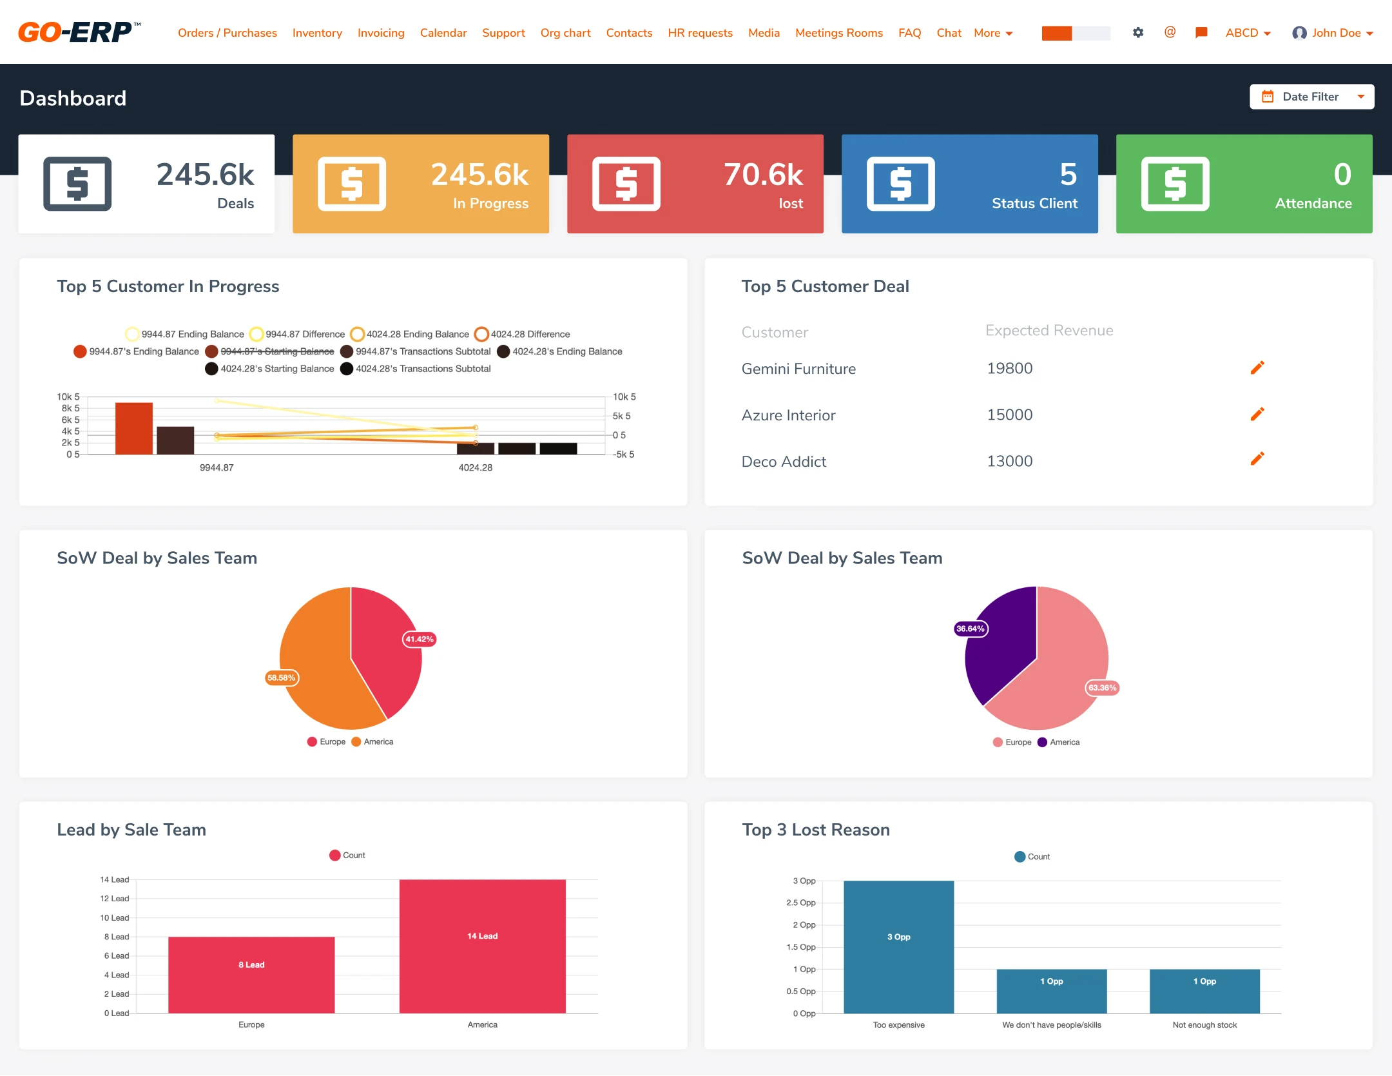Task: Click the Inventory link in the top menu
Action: (x=317, y=33)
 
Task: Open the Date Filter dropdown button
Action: (x=1311, y=97)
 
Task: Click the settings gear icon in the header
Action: (x=1138, y=32)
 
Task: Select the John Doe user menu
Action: (x=1333, y=33)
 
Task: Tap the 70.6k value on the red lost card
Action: (x=763, y=175)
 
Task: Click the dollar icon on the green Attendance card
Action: (x=1175, y=184)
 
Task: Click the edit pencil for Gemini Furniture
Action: (x=1257, y=368)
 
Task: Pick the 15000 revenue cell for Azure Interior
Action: (x=1009, y=415)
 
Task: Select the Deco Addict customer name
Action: (x=784, y=462)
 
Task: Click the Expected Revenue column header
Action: (x=1049, y=331)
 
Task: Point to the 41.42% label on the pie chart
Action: (x=419, y=639)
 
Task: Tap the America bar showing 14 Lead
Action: (x=482, y=946)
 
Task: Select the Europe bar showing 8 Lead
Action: (x=251, y=974)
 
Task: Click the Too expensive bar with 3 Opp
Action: (x=898, y=946)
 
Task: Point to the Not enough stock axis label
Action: (x=1204, y=1025)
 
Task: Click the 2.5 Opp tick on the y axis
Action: (x=801, y=903)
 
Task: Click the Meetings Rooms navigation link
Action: (x=838, y=33)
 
